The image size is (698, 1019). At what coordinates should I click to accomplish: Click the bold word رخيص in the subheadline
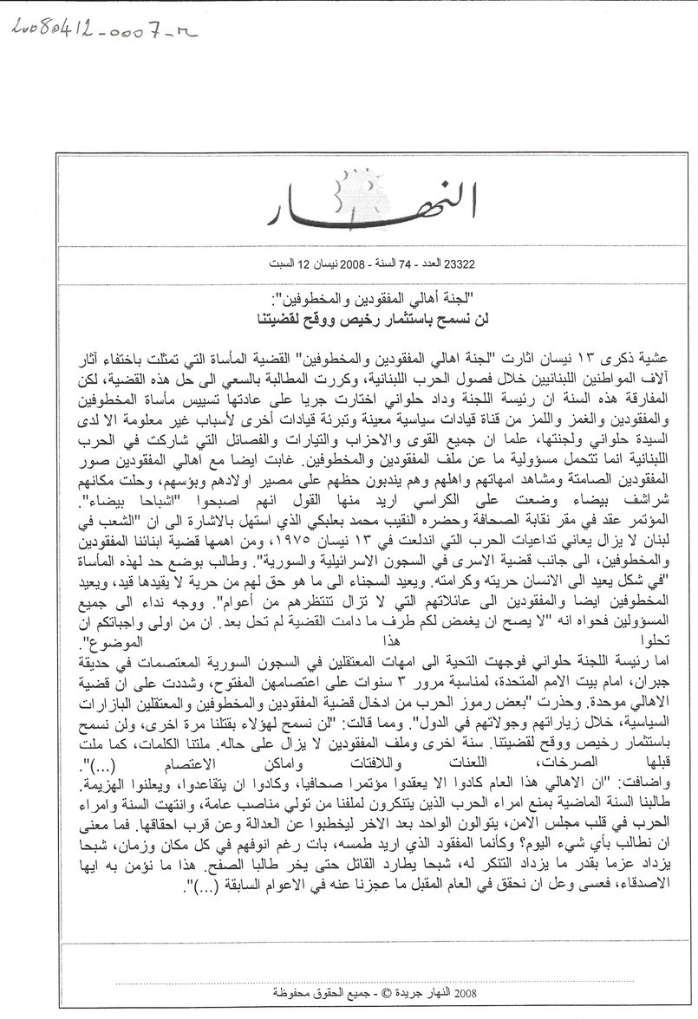point(341,315)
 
